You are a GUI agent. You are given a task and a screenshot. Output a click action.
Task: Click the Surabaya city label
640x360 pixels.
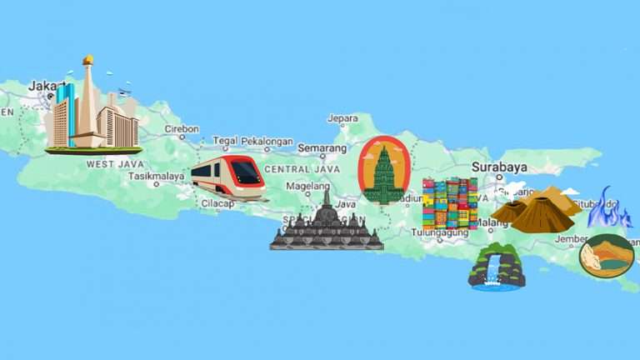(499, 167)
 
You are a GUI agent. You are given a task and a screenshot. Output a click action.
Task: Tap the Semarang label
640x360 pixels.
(322, 148)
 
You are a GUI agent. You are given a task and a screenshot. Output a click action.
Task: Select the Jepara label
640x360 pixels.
(342, 118)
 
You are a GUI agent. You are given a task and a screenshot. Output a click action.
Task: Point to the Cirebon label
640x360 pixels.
(182, 129)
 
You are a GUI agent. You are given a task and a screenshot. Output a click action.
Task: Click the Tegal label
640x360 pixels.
(225, 141)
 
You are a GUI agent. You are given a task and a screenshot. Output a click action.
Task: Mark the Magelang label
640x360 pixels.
(307, 186)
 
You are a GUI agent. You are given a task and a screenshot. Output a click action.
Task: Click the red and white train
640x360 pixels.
(227, 177)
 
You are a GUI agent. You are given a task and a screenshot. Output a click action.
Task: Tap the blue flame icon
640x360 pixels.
(609, 208)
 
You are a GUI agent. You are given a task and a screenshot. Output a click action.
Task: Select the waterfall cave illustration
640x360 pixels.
(497, 267)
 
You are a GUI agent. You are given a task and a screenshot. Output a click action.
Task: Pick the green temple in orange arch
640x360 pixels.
(383, 171)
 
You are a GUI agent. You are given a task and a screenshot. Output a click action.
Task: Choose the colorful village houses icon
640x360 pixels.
(450, 204)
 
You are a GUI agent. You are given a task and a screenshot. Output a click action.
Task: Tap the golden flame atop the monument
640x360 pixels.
(87, 60)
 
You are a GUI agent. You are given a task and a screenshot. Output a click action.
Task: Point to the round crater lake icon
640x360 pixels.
(606, 256)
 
